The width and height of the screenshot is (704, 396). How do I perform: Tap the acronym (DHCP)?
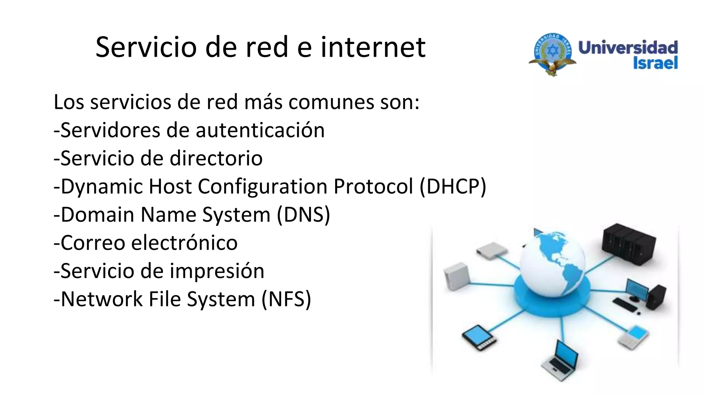point(453,187)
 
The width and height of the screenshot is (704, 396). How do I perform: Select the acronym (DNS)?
point(303,215)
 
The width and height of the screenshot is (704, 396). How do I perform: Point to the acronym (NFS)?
point(286,299)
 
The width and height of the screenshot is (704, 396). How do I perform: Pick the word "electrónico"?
point(184,243)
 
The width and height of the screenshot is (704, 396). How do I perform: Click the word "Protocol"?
point(373,187)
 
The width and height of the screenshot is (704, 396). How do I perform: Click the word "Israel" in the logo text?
point(655,63)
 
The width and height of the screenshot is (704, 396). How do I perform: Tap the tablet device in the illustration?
point(479,337)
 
